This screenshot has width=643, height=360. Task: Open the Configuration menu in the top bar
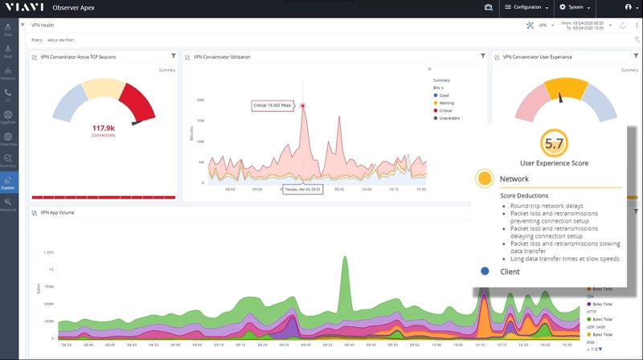tap(526, 7)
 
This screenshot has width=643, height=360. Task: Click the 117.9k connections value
tap(103, 129)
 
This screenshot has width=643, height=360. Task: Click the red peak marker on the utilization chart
tap(303, 105)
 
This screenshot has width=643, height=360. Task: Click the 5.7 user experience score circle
tap(553, 144)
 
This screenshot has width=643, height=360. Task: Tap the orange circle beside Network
tap(484, 178)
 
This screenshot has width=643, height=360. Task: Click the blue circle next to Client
tap(485, 272)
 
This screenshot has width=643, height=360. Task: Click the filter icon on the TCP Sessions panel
tap(174, 56)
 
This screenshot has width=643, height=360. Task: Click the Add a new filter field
tap(62, 39)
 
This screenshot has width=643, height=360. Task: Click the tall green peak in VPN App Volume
tap(346, 265)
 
